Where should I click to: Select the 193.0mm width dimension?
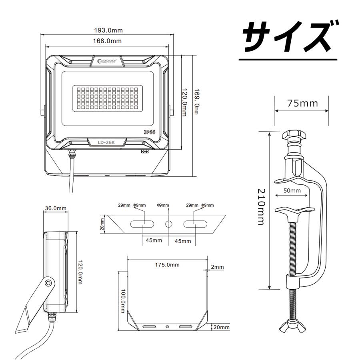pyautogui.click(x=108, y=30)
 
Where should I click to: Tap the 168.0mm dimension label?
pyautogui.click(x=108, y=41)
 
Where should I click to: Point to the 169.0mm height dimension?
pyautogui.click(x=196, y=102)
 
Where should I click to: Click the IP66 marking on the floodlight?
pyautogui.click(x=150, y=132)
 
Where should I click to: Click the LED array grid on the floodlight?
pyautogui.click(x=108, y=97)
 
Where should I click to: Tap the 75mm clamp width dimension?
pyautogui.click(x=302, y=103)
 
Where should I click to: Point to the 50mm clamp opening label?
pyautogui.click(x=292, y=191)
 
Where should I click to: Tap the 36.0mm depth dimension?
pyautogui.click(x=56, y=208)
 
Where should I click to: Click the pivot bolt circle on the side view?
pyautogui.click(x=48, y=283)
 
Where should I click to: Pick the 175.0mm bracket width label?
pyautogui.click(x=167, y=264)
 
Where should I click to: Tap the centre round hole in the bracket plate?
pyautogui.click(x=169, y=224)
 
